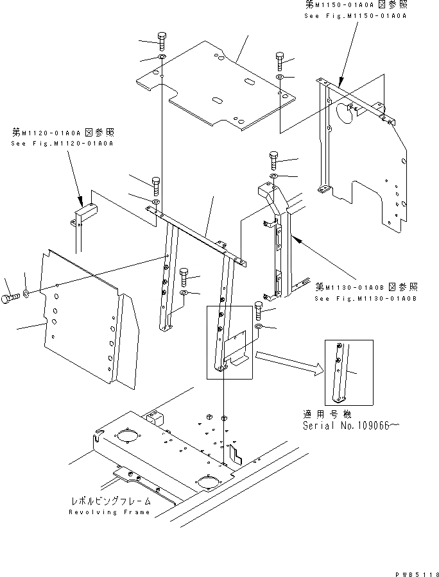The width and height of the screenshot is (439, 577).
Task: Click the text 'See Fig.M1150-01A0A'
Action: pos(355,15)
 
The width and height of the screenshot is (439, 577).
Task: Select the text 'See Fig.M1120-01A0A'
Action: pos(62,144)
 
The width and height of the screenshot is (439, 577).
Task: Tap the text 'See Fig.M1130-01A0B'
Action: pos(366,298)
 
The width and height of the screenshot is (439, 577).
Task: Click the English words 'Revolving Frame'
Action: pos(109,512)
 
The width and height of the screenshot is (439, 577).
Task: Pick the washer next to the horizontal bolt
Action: pos(26,294)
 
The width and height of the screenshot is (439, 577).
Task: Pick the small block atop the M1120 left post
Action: pos(83,210)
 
